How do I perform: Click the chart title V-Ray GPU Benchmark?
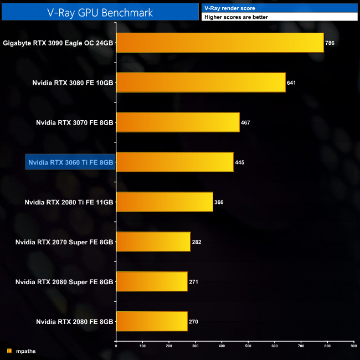[100, 11]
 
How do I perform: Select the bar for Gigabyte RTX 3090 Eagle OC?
[220, 43]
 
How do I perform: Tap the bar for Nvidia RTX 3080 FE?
[200, 83]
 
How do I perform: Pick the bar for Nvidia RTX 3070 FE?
[178, 122]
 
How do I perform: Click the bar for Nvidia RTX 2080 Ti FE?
[164, 202]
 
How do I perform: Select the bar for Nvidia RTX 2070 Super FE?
[153, 242]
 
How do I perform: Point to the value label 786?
[330, 43]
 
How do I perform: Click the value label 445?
[240, 163]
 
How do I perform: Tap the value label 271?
[194, 282]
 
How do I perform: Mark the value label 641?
[292, 83]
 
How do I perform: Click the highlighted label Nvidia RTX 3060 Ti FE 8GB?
[70, 162]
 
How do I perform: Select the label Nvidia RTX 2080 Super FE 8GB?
[64, 282]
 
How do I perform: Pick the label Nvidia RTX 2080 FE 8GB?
[75, 322]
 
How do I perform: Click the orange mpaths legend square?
[9, 351]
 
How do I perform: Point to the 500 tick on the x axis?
[248, 347]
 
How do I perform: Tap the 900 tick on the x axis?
[353, 347]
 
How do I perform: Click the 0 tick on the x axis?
[116, 347]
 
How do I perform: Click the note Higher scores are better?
[236, 17]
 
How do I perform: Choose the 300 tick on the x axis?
[195, 347]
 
